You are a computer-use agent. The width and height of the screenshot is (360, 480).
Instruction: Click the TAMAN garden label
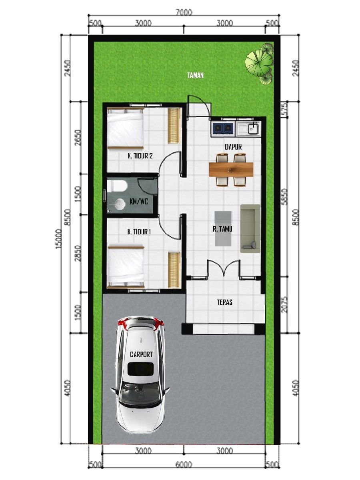[196, 76]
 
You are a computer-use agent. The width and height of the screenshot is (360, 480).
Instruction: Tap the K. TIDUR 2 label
[140, 156]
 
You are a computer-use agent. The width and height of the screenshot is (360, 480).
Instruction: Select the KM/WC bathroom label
[138, 202]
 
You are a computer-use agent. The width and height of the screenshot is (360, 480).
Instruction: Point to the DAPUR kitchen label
[233, 147]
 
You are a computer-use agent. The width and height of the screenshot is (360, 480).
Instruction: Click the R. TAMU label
[222, 229]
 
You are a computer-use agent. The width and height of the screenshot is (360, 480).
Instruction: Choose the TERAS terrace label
[224, 302]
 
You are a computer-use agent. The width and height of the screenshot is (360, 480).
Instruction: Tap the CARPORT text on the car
[141, 354]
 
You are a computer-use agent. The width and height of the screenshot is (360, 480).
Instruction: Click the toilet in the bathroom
[117, 186]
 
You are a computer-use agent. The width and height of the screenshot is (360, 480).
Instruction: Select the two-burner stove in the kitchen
[222, 128]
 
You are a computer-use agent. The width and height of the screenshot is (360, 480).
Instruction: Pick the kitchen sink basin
[253, 128]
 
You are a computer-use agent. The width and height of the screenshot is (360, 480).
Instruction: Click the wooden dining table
[231, 170]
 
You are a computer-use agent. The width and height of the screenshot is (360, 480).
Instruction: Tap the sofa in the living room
[250, 228]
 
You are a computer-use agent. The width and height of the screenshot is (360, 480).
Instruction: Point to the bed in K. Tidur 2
[125, 128]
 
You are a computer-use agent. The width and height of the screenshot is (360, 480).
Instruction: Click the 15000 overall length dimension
[58, 238]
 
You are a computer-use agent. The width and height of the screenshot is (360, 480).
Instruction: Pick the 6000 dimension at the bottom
[184, 464]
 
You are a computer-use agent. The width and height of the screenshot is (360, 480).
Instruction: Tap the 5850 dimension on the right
[284, 196]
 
